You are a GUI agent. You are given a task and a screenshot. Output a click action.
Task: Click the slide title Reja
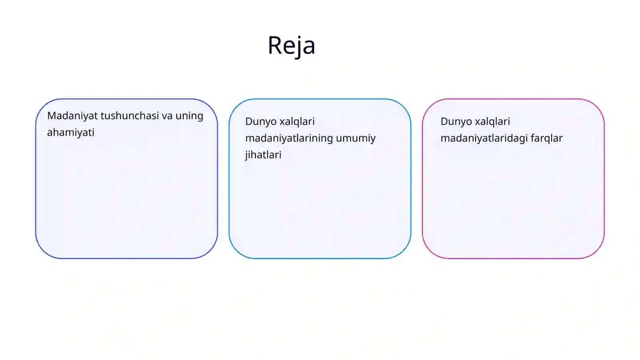coord(292,46)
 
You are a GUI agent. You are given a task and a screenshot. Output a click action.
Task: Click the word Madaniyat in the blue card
coord(72,116)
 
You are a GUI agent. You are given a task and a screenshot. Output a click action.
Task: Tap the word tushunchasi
coord(130,116)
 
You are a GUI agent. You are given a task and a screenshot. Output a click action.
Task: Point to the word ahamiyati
coord(70,132)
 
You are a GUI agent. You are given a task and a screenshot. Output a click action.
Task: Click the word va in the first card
coord(167,116)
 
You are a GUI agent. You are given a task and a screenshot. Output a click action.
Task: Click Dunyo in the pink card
coord(456,122)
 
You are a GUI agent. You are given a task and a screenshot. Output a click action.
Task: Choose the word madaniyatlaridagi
coord(484,138)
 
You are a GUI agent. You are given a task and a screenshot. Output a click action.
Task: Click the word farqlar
coord(546,138)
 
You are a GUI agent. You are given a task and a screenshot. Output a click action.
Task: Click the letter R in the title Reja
coord(275,46)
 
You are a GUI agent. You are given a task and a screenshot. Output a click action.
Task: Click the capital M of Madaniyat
coord(52,116)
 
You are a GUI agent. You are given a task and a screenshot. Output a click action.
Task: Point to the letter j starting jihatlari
coord(246,156)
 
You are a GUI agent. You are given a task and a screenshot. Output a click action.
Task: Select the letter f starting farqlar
coord(533,138)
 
